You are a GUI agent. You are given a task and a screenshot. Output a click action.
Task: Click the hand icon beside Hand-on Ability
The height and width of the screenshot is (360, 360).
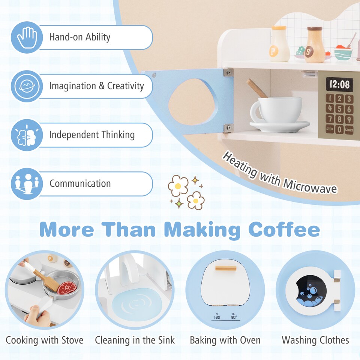pos(26,37)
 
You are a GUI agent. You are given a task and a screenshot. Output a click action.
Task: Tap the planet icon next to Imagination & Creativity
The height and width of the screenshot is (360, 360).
pos(26,86)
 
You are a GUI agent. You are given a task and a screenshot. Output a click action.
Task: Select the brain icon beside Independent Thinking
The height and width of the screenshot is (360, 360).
pos(26,135)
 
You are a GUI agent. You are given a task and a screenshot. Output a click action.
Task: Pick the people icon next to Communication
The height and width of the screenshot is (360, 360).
pos(26,184)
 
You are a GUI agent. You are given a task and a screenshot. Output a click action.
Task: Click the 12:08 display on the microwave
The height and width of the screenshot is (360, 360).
pos(339,84)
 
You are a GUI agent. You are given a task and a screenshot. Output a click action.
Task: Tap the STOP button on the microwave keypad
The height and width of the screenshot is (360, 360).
pos(330,129)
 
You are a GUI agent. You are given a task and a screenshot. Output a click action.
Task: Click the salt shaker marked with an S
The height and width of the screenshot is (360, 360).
pos(314,45)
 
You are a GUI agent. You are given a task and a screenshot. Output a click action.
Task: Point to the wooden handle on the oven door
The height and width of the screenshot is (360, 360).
pos(225,268)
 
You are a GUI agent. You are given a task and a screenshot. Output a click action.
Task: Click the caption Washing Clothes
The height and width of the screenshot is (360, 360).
pos(315,340)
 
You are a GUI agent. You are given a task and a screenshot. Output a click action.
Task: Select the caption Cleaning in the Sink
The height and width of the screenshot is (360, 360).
pos(135,340)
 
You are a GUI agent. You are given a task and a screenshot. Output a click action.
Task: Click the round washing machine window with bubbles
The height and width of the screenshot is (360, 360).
pos(310,291)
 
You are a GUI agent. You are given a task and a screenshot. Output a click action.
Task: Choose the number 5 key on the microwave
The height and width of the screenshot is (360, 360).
pos(339,109)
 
